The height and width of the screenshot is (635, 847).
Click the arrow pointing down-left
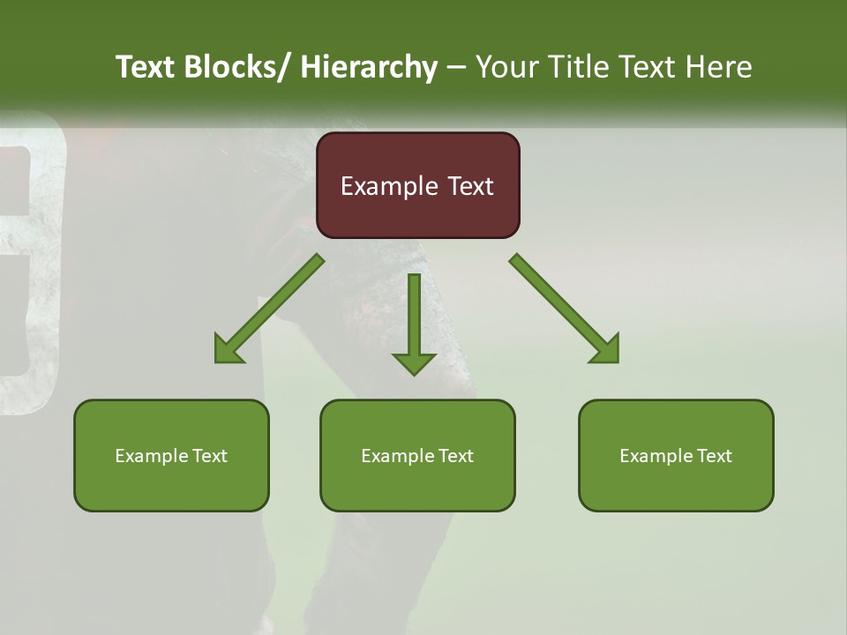269,310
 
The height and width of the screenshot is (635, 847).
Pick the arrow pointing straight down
414,322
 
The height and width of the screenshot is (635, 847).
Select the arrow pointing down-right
565,310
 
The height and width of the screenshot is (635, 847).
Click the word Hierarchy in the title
369,67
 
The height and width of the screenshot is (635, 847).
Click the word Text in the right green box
715,456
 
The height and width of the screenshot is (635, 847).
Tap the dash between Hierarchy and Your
456,67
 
